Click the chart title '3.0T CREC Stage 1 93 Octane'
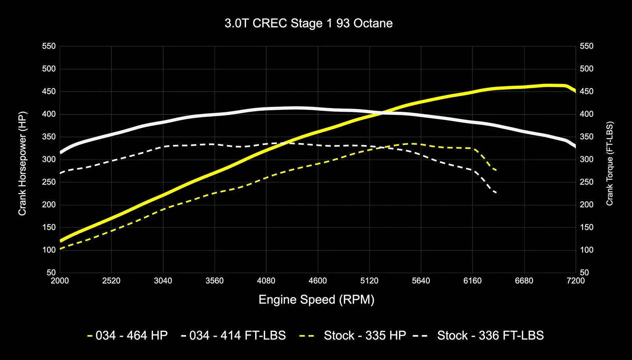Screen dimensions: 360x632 [x=308, y=23]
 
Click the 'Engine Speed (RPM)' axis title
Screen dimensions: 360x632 [x=316, y=300]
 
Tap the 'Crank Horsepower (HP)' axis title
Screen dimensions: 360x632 [x=22, y=163]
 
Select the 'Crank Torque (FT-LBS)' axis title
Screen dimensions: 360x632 [x=609, y=163]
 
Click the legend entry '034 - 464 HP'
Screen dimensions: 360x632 [x=128, y=336]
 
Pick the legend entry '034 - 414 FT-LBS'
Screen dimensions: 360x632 [x=233, y=336]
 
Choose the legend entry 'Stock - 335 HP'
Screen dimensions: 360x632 [x=353, y=336]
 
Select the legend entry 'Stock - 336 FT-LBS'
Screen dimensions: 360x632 [x=478, y=336]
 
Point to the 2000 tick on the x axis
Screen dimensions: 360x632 [x=60, y=281]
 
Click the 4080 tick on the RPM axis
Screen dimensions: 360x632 [x=266, y=281]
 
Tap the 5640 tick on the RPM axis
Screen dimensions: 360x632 [x=421, y=281]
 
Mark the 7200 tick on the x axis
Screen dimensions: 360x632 [x=576, y=281]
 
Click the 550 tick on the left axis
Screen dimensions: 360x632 [x=49, y=46]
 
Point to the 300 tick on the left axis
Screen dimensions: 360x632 [x=49, y=159]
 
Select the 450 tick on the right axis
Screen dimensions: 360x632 [x=587, y=92]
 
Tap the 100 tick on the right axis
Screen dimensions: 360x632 [x=587, y=250]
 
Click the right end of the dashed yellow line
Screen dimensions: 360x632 [x=496, y=170]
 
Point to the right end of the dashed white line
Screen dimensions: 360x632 [x=496, y=193]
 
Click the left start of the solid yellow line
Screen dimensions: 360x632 [x=60, y=240]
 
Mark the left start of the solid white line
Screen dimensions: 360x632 [x=60, y=152]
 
